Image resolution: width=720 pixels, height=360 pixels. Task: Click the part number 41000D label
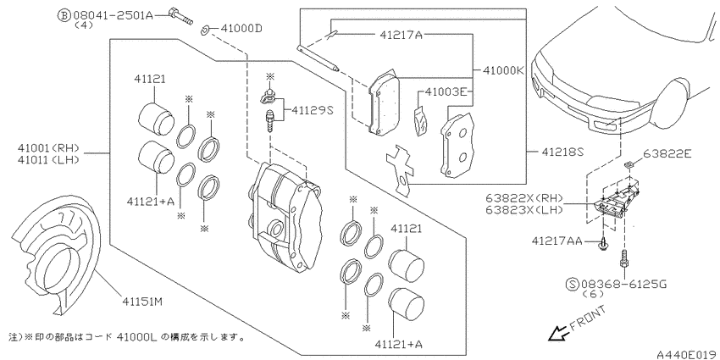click(x=241, y=29)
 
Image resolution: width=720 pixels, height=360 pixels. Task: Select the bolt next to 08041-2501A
click(x=180, y=16)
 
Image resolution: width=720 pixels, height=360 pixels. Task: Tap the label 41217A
click(x=401, y=35)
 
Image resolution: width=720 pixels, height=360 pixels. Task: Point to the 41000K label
click(x=504, y=70)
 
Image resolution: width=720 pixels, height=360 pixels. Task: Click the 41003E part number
click(x=446, y=91)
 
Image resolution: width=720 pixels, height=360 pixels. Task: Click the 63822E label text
click(x=667, y=153)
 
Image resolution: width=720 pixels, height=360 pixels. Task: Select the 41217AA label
click(x=557, y=241)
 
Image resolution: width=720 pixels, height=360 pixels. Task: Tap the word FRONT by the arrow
click(x=588, y=318)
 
